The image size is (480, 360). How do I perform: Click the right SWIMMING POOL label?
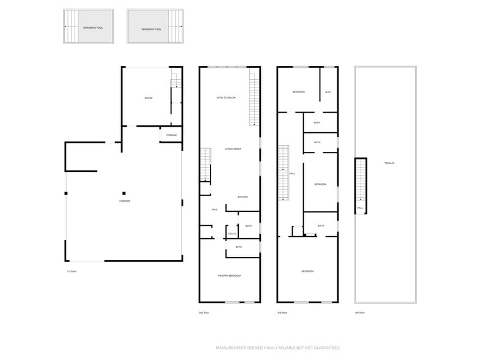coord(151,29)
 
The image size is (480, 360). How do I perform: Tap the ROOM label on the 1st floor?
coord(148,98)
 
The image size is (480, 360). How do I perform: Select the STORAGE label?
coord(171,135)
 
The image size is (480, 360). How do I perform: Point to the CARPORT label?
coord(124,201)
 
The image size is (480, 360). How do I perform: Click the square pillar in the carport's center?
coord(124,192)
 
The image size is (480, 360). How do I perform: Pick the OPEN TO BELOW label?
coord(225,98)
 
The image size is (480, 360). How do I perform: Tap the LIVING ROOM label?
coord(233,149)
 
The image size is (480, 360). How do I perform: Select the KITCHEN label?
coord(242,197)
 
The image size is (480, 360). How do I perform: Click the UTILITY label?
coord(232,233)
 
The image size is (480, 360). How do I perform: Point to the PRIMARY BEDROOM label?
coord(229,276)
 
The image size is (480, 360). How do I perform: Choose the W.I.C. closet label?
coord(328,92)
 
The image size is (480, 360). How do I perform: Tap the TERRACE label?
coord(389,163)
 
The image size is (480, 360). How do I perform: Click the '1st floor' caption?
coord(72,271)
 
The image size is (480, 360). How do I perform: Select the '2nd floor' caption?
coord(204,313)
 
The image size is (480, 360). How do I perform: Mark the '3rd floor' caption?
coord(282,313)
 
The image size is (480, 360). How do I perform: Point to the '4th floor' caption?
coord(360,313)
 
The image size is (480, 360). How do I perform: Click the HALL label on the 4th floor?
coord(360,208)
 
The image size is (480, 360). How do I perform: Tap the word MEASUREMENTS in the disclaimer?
coord(235,348)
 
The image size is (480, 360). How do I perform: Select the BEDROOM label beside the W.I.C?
coord(298,92)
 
